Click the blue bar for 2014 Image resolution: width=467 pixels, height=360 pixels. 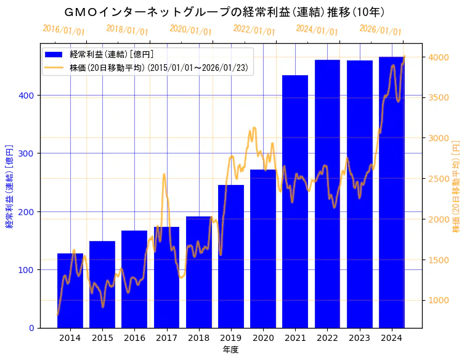coord(70,290)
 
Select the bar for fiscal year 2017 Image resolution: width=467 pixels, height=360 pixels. coord(166,277)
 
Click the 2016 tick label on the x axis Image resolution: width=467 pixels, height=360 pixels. coord(134,337)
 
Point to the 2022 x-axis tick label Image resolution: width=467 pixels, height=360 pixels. coord(327,337)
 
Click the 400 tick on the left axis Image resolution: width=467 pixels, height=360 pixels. coord(29,96)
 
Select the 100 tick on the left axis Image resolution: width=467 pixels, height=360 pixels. coord(29,270)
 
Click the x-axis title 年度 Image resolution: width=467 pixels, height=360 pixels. coord(230,350)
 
